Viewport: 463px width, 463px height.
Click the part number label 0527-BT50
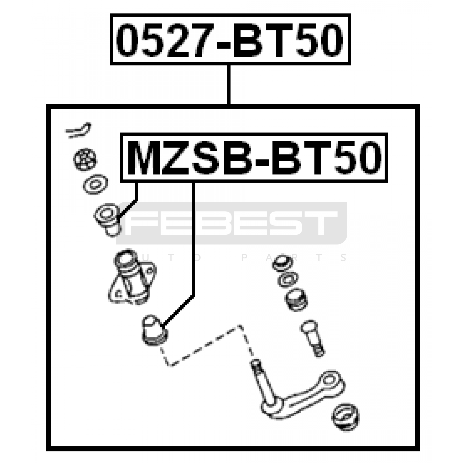pos(230,39)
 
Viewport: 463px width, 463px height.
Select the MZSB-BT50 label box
pos(254,158)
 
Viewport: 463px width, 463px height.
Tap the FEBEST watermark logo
pos(231,223)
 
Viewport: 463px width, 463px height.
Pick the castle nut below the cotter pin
pos(85,159)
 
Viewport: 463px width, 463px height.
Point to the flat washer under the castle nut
pos(95,184)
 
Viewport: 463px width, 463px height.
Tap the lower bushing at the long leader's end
pos(155,330)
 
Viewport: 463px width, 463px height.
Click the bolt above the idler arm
pos(313,338)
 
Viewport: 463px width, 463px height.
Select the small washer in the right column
pos(288,280)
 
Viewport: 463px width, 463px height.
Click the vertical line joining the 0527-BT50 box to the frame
pos(229,85)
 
